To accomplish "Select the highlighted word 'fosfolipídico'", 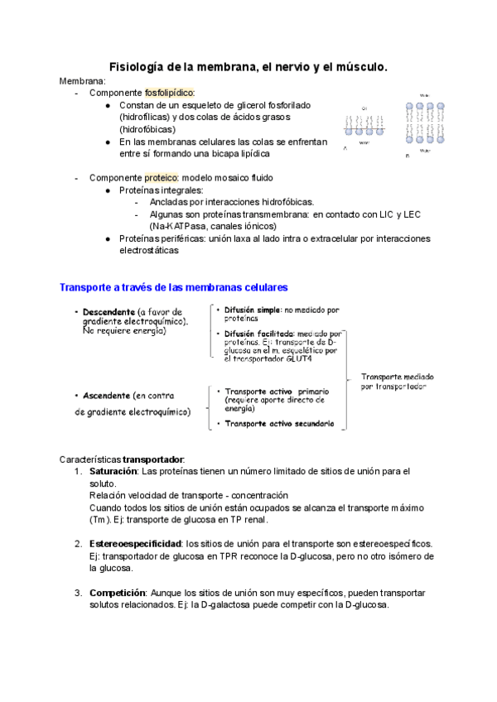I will coord(170,93).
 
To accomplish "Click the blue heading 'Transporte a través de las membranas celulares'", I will coord(173,287).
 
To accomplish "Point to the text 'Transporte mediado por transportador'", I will coord(398,381).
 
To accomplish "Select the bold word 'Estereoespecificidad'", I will coord(137,543).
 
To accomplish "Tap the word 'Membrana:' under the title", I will coord(83,80).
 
